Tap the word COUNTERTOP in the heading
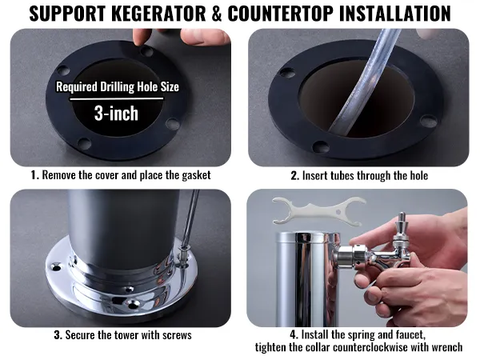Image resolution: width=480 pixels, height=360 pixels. [281, 13]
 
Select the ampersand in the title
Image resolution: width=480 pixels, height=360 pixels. [217, 14]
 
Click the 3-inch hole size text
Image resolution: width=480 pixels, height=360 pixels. [116, 114]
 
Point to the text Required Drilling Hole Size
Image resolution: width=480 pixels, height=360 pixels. [118, 86]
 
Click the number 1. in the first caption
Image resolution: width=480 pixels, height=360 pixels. [35, 175]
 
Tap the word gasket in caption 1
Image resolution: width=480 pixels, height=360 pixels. [196, 176]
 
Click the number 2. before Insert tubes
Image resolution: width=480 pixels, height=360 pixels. [294, 176]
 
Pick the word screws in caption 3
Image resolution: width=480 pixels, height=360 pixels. [177, 335]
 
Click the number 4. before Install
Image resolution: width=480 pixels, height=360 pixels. [294, 334]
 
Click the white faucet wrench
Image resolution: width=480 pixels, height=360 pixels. [318, 211]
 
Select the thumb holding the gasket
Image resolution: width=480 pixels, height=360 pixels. [142, 38]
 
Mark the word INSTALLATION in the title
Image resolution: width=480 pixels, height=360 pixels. [394, 13]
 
